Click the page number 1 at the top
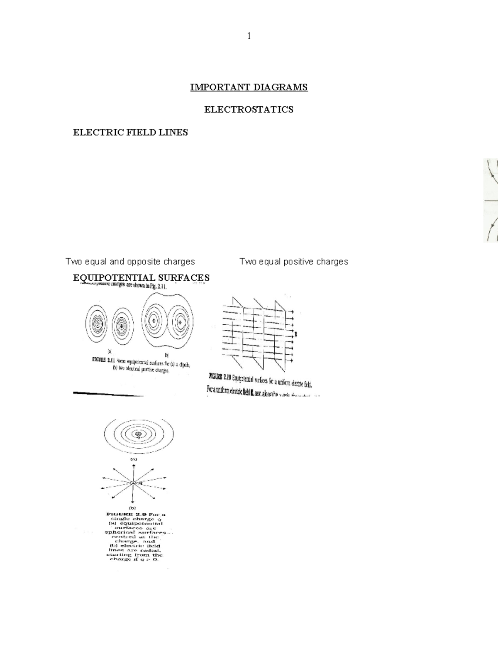(249, 36)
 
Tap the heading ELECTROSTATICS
(249, 110)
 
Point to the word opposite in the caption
(144, 262)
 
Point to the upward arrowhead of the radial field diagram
(133, 466)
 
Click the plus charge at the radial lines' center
(133, 483)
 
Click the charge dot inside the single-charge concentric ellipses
(138, 434)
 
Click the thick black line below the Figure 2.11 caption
(107, 393)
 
